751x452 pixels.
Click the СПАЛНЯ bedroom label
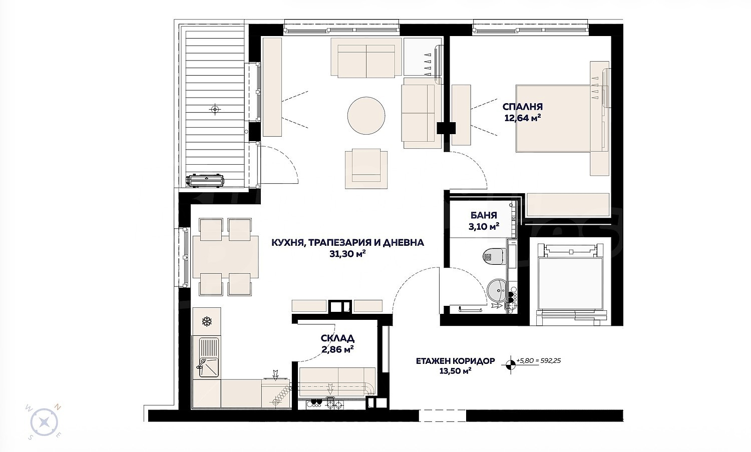click(x=522, y=107)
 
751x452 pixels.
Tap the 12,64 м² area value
click(x=523, y=118)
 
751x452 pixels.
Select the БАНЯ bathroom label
click(x=484, y=215)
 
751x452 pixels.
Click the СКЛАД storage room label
click(x=337, y=338)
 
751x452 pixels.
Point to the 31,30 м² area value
click(x=347, y=254)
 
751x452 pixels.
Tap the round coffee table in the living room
click(x=366, y=116)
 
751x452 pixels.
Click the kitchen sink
click(x=209, y=357)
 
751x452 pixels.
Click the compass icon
click(x=44, y=422)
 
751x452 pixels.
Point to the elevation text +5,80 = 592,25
click(x=538, y=361)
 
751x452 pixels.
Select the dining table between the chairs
click(x=226, y=257)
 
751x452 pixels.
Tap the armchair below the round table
click(x=366, y=169)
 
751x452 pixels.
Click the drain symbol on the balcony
click(x=215, y=109)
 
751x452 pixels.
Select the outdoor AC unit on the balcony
click(x=205, y=180)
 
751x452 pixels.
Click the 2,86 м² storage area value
click(x=337, y=349)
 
